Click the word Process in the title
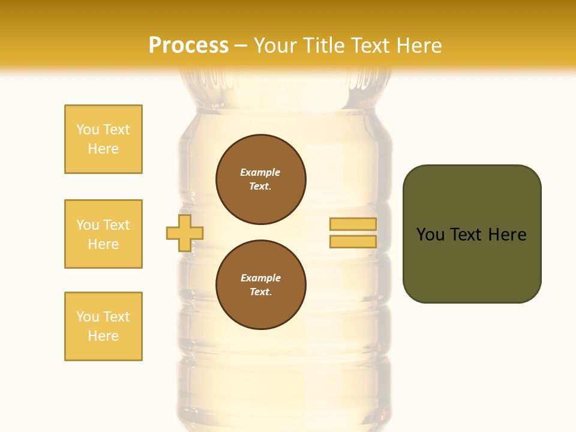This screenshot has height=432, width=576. coord(188,46)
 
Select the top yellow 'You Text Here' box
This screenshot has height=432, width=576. coord(103,139)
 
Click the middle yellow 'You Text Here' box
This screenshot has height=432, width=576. coord(103,234)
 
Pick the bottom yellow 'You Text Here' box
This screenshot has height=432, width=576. coord(103,326)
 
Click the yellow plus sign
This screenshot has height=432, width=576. coord(185,233)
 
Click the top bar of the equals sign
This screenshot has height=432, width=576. coord(353,224)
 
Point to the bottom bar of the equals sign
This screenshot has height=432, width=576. coord(353,242)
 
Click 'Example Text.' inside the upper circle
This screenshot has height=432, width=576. coord(260,179)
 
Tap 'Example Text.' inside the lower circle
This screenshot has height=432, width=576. coord(260,285)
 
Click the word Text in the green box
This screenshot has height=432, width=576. coord(466,235)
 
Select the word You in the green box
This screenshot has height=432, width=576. coord(430,235)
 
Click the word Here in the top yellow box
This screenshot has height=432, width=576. coord(103,149)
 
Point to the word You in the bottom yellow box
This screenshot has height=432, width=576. coord(87,317)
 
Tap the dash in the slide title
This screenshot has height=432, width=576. coord(241,46)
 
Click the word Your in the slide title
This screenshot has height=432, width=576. coord(276,46)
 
